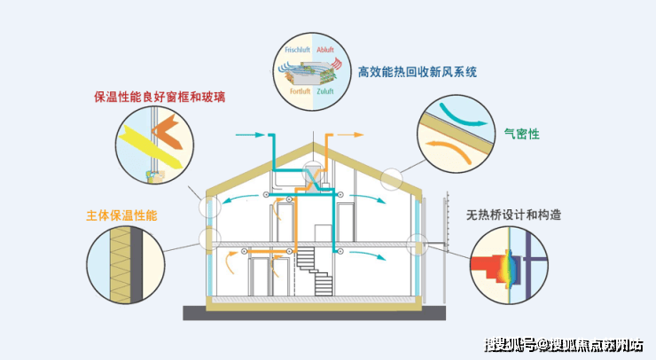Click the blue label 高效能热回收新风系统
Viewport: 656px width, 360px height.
(x=421, y=71)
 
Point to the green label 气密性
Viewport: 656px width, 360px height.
(x=522, y=134)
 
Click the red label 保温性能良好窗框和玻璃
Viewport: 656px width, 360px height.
(x=160, y=97)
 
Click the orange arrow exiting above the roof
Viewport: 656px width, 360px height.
(x=351, y=136)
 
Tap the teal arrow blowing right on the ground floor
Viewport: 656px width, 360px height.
(x=372, y=256)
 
